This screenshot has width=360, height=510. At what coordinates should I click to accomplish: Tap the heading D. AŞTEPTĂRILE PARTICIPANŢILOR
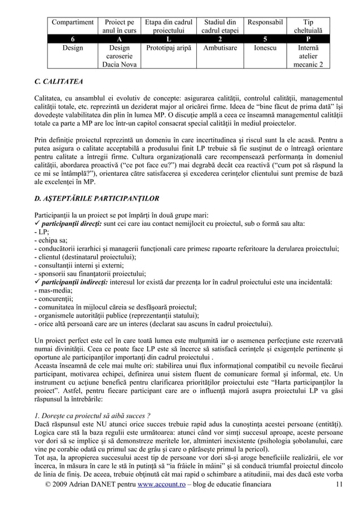96,198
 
